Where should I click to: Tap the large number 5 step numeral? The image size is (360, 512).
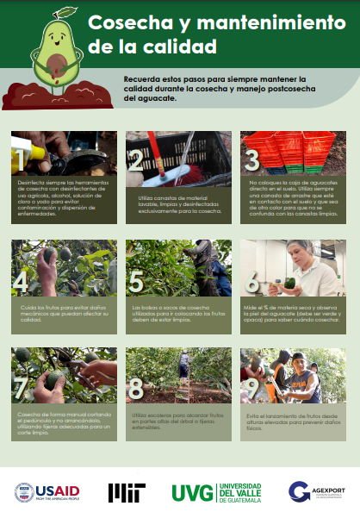136,281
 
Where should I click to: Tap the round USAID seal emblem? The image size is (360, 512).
23,491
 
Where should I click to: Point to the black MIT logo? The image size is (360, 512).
126,492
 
